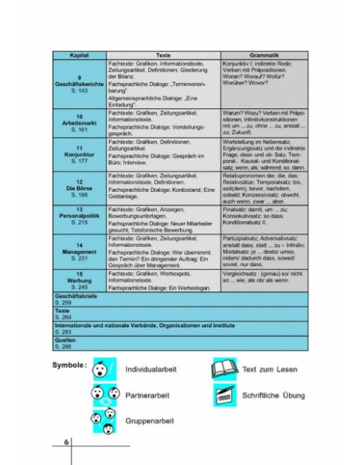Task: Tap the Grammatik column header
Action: point(264,55)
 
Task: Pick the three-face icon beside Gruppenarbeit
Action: point(102,420)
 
